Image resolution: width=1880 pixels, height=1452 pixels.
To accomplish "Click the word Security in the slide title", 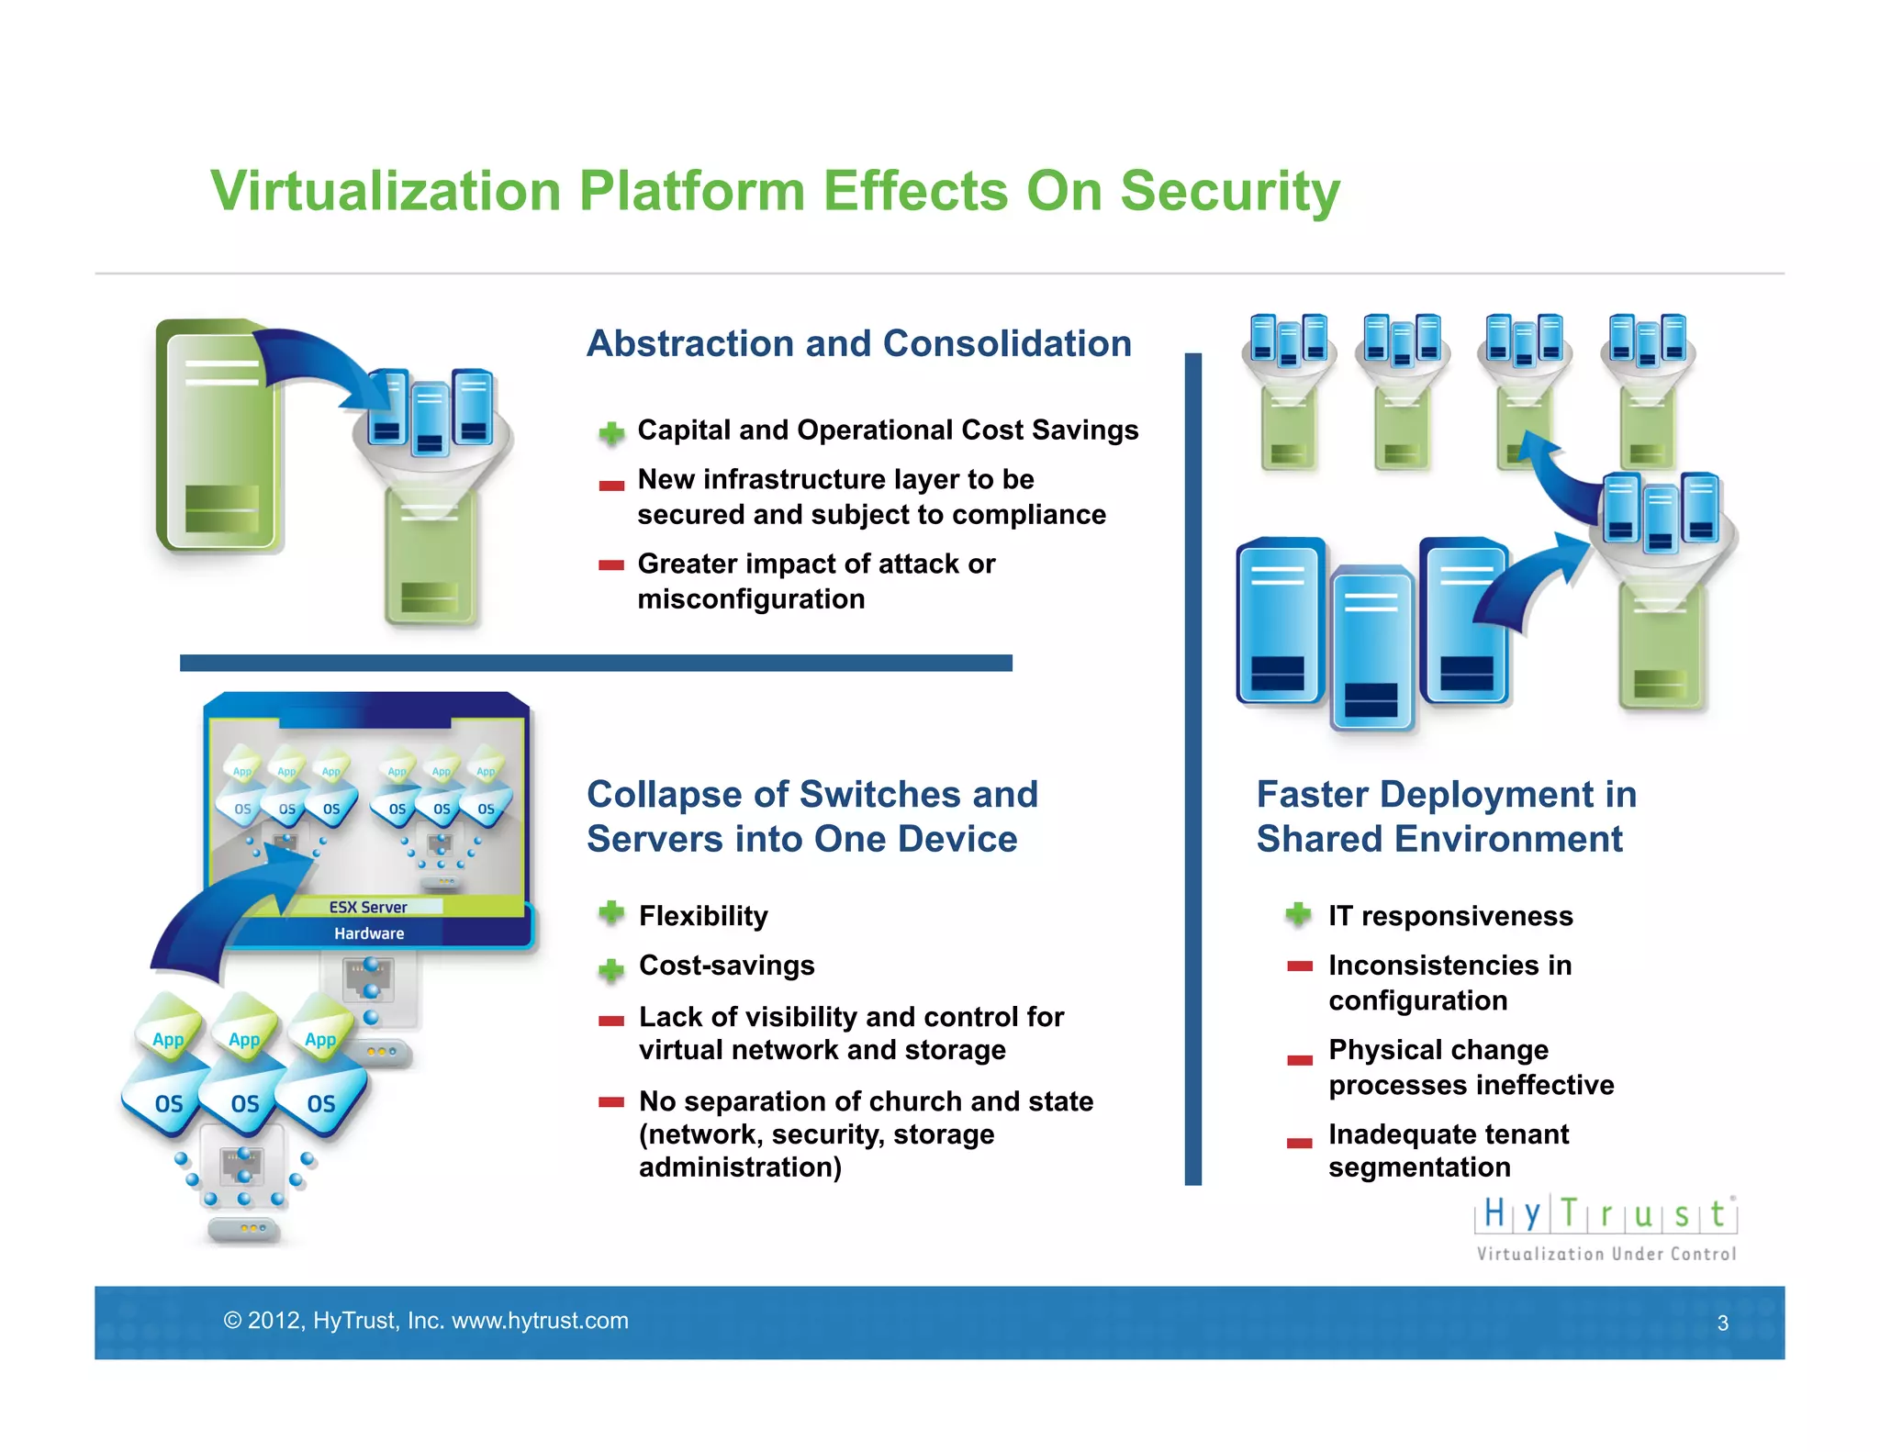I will [x=1229, y=193].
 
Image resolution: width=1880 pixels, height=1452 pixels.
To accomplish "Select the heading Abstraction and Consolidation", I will [x=858, y=344].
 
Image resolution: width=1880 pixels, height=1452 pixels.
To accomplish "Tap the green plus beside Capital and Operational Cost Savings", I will [x=611, y=432].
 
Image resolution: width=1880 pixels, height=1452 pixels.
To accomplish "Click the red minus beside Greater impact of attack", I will [x=611, y=565].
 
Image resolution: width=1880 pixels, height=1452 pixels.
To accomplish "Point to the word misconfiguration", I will [x=751, y=599].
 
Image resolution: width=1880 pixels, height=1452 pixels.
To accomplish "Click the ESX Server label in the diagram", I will [x=368, y=907].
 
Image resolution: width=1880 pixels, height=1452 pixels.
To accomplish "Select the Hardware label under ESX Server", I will [x=369, y=933].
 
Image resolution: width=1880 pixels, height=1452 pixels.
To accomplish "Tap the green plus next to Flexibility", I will [x=611, y=913].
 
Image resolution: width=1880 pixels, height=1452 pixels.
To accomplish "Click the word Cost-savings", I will [x=726, y=966].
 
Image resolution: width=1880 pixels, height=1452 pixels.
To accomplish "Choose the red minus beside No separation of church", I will [x=611, y=1102].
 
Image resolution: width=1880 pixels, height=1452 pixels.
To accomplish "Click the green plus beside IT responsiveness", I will [x=1298, y=914].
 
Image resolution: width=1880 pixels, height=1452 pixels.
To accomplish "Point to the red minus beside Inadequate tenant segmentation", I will [x=1299, y=1143].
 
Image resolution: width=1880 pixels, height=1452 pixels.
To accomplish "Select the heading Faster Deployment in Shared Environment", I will [x=1446, y=817].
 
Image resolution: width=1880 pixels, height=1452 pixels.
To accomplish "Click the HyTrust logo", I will [x=1606, y=1214].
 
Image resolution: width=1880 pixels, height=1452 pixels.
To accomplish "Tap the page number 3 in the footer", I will [x=1723, y=1323].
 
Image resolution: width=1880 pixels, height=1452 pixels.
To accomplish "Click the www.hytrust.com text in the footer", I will [x=540, y=1321].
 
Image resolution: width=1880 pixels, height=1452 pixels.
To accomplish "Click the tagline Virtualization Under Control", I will [x=1606, y=1254].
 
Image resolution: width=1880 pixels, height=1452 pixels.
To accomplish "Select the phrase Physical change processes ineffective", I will [x=1470, y=1067].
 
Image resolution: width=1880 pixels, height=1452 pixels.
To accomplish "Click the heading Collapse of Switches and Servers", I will [x=811, y=817].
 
